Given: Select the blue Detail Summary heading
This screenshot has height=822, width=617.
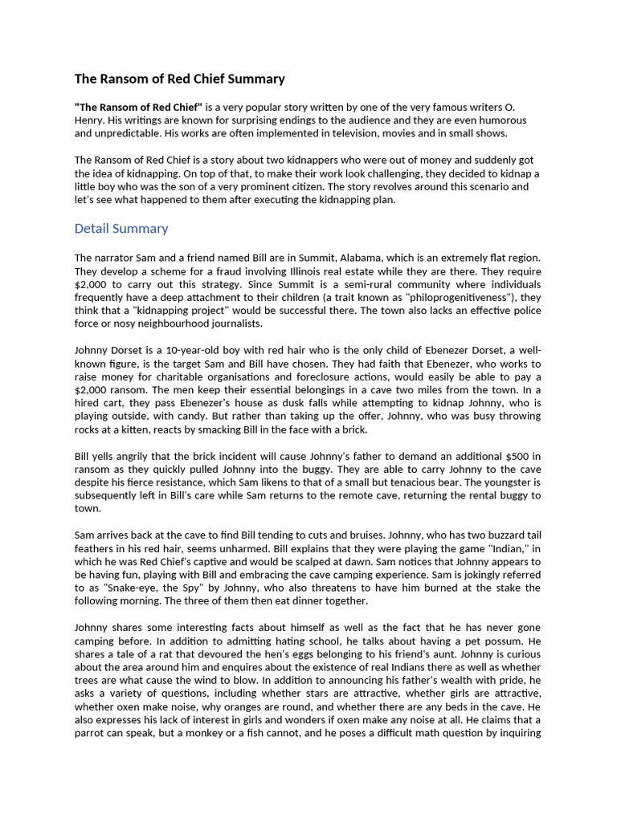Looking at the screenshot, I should click(x=121, y=228).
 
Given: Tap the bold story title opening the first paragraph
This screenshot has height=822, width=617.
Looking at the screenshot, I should click(x=138, y=107).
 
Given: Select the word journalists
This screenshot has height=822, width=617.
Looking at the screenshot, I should click(x=231, y=324).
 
